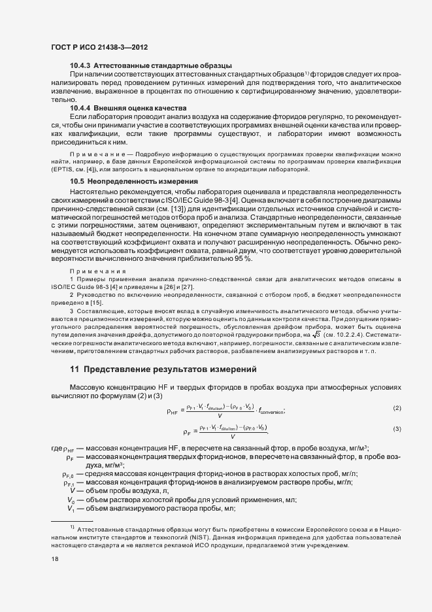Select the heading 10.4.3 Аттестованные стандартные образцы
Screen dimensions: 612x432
pos(150,66)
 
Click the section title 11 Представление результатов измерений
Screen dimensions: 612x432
pos(158,369)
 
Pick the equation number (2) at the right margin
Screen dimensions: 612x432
pos(397,409)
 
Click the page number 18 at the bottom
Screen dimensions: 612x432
pos(54,559)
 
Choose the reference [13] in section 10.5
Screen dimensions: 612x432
pos(233,207)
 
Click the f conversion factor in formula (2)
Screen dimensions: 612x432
pos(270,411)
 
